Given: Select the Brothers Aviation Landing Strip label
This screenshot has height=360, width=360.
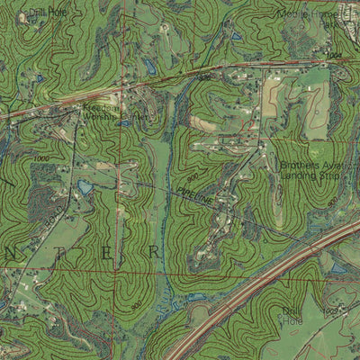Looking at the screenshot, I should coord(311,171).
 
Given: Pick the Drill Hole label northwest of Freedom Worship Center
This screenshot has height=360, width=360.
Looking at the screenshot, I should coord(47,12).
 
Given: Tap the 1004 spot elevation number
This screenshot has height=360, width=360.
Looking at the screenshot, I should coord(335,56).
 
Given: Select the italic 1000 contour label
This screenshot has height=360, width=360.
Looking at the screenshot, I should coord(40,159).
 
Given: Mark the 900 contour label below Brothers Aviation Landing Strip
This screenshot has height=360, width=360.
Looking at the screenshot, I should coord(335,200).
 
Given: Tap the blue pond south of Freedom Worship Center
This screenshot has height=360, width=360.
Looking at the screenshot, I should coord(85,187).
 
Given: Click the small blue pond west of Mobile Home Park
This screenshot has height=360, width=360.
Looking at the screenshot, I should coord(236,37).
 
